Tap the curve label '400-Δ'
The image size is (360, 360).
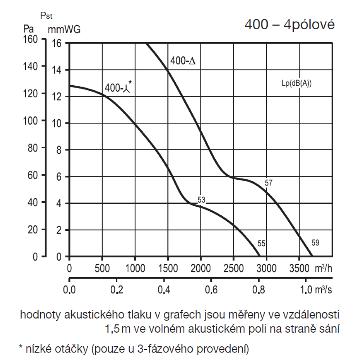(x=183, y=61)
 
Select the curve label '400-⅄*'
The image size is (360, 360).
(x=118, y=87)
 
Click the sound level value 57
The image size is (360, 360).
(x=269, y=183)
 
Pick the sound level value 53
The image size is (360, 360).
(x=201, y=200)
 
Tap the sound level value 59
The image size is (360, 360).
(x=315, y=243)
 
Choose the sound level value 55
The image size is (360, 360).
(x=261, y=244)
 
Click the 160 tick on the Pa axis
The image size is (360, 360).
(x=30, y=39)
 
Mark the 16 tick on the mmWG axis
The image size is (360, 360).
(x=57, y=43)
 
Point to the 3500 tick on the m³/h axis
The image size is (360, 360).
(x=299, y=269)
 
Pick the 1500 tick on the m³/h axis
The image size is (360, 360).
(x=168, y=269)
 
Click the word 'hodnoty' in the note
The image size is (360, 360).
(x=40, y=315)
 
